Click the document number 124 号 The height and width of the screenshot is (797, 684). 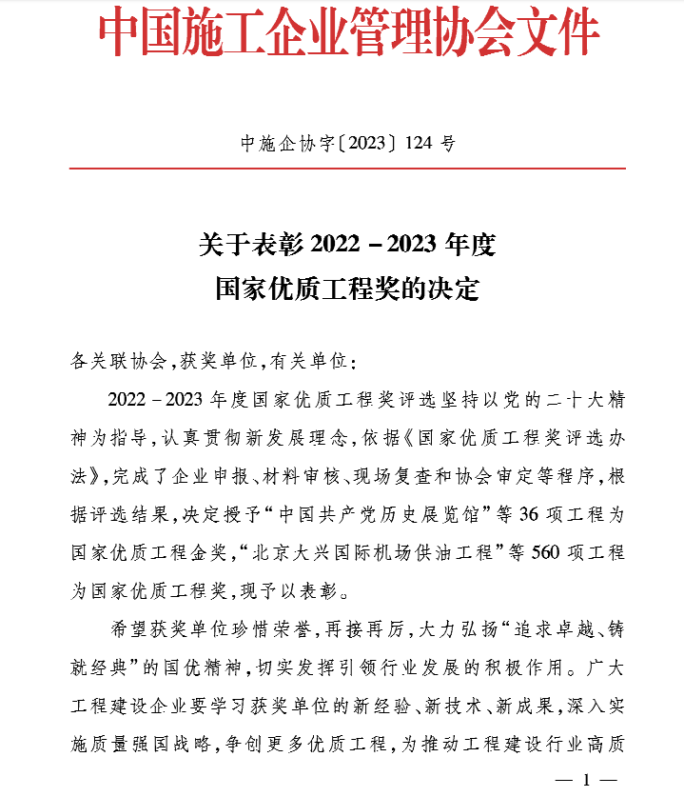[430, 144]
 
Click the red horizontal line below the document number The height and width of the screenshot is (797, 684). [347, 169]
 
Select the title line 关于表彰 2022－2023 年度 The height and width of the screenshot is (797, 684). [347, 245]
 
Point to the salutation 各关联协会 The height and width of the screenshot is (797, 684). [118, 362]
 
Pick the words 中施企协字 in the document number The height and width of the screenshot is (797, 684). [285, 144]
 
